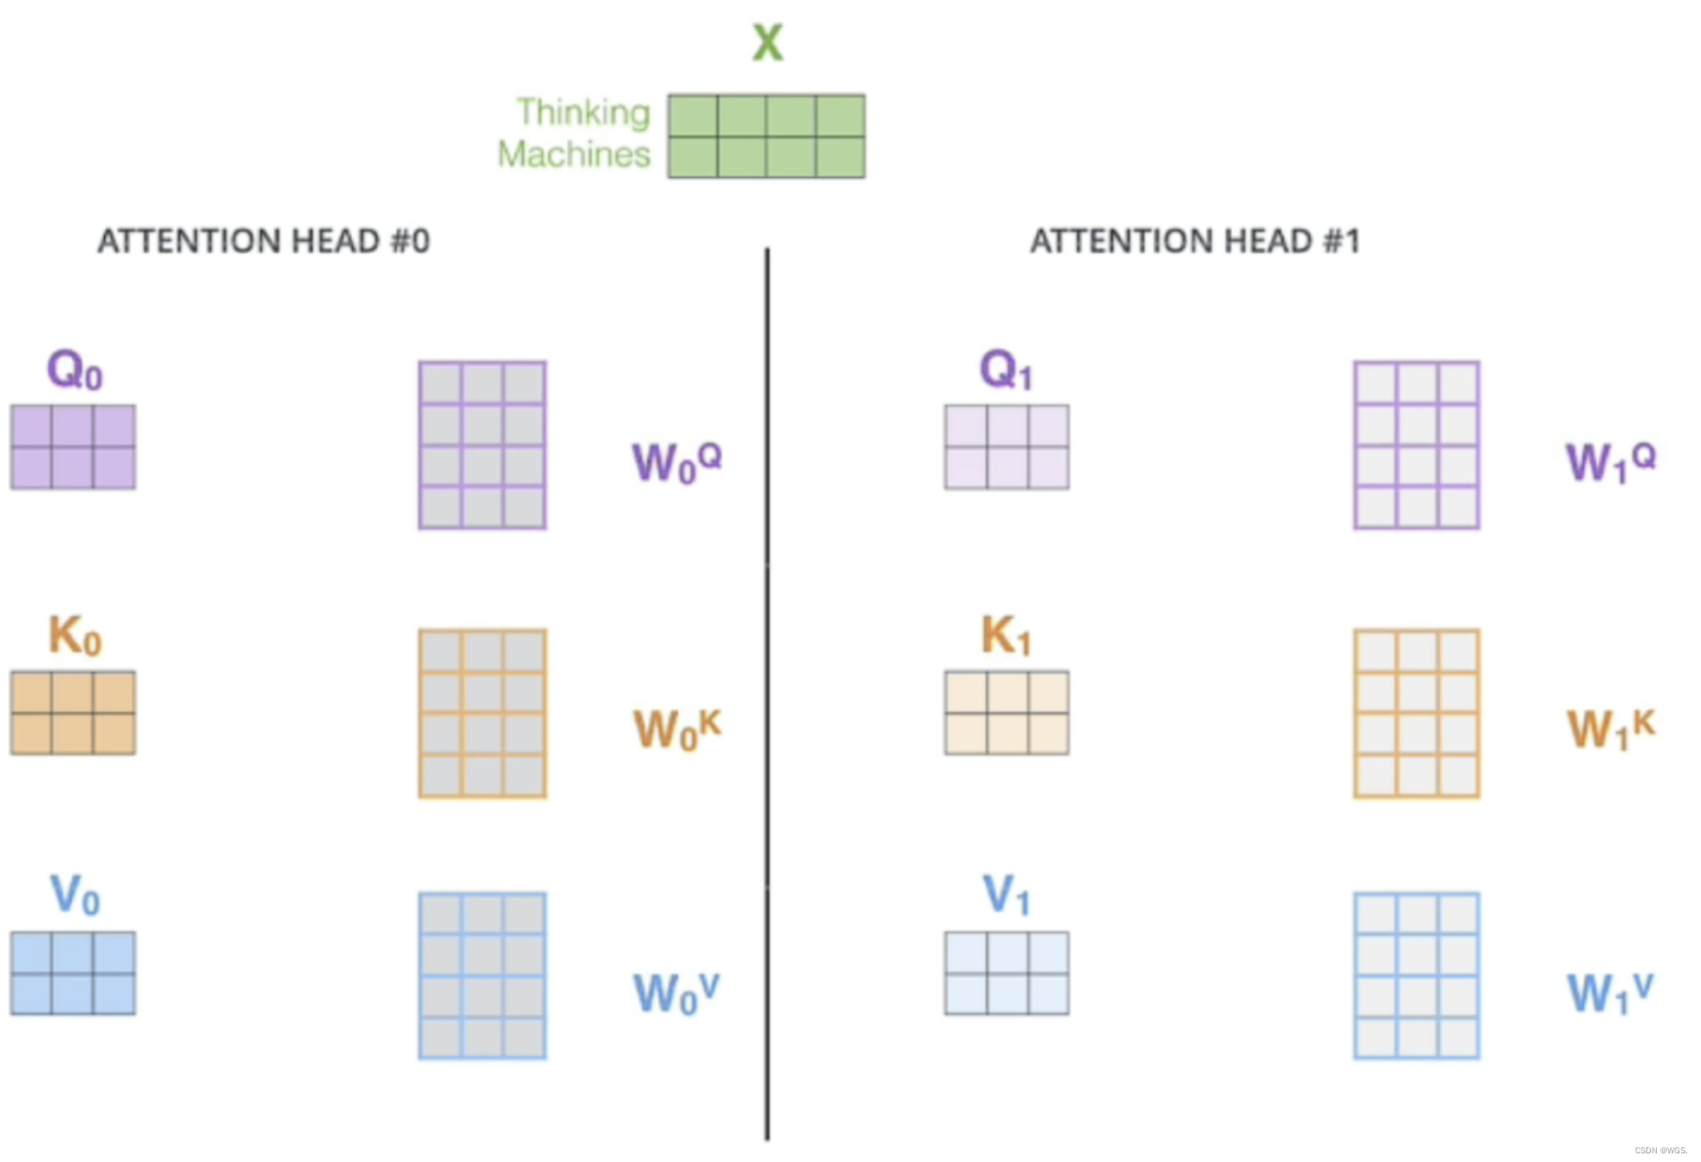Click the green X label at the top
tap(767, 42)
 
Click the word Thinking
tap(583, 113)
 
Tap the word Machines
tap(573, 154)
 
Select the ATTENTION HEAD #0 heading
tap(264, 241)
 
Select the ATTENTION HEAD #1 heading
tap(1195, 241)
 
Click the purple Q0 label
tap(75, 370)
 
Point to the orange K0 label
tap(75, 636)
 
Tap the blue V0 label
tap(75, 895)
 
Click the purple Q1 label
tap(1006, 370)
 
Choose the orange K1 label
tap(1006, 636)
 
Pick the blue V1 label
tap(1006, 895)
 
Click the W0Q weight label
tap(676, 461)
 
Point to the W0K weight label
tap(676, 728)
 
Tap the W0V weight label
tap(676, 993)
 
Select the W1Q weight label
tap(1610, 461)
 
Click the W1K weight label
tap(1610, 728)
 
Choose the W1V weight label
tap(1610, 993)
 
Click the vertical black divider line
tap(767, 694)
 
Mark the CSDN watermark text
tap(1660, 1151)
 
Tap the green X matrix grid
tap(766, 136)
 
